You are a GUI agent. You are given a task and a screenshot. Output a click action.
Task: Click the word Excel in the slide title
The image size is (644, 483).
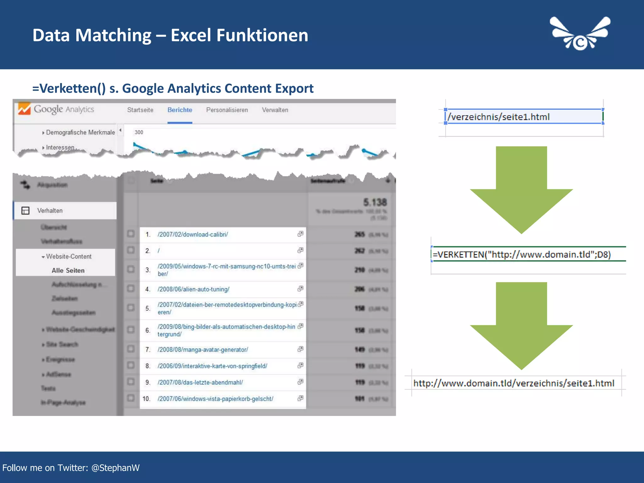click(191, 35)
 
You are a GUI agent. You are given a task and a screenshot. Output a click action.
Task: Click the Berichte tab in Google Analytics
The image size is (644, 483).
click(180, 110)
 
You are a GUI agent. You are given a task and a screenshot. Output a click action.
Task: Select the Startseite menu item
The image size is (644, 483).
click(140, 110)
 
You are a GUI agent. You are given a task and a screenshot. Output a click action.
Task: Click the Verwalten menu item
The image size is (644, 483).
click(275, 110)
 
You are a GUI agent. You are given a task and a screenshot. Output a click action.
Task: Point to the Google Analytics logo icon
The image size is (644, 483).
click(24, 109)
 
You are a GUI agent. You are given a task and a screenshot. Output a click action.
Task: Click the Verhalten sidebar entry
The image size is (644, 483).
click(50, 211)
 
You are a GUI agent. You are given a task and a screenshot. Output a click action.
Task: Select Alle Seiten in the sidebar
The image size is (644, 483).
click(68, 270)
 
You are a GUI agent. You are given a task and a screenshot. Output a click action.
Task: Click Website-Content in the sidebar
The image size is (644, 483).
click(69, 257)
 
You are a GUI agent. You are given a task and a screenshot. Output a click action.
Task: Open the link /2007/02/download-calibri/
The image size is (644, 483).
click(193, 235)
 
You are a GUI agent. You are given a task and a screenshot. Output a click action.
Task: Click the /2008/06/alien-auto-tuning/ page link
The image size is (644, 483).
click(193, 289)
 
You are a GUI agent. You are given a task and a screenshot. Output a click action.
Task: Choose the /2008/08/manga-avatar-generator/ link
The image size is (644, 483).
click(203, 350)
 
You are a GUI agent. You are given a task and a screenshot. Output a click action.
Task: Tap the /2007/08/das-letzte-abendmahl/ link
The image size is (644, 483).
click(200, 382)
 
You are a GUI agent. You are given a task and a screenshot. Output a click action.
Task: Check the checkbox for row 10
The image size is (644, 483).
click(131, 398)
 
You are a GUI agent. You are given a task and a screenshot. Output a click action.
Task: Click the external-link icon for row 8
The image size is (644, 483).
click(301, 365)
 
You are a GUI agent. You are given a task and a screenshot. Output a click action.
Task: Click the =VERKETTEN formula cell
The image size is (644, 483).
click(522, 254)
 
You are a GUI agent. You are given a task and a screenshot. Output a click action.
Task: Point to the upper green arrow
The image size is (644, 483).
click(521, 189)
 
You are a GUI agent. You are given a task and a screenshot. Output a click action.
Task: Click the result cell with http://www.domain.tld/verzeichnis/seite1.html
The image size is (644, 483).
click(514, 383)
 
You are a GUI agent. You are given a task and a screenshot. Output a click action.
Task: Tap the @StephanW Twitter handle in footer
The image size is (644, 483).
click(115, 468)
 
